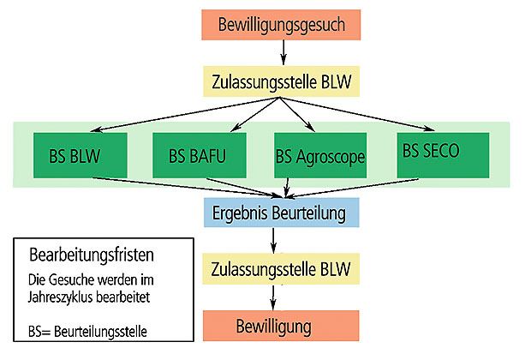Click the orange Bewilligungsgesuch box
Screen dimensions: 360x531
[282, 24]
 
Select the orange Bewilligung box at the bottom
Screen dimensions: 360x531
[274, 327]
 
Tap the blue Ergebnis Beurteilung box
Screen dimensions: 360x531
[273, 211]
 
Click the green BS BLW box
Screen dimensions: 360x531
[81, 155]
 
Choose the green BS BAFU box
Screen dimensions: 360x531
[199, 155]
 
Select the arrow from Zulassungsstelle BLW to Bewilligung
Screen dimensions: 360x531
[274, 297]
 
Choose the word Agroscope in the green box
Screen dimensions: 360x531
[331, 157]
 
